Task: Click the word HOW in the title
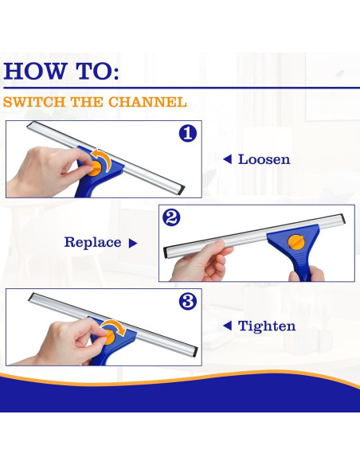click(x=34, y=71)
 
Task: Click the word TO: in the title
click(x=97, y=71)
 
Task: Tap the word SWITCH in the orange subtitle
click(x=33, y=102)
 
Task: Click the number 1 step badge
click(x=188, y=134)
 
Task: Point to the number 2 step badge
click(x=171, y=217)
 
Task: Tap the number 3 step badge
click(x=188, y=302)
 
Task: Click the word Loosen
click(x=264, y=159)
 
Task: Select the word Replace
click(x=93, y=242)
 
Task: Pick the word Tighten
click(x=267, y=326)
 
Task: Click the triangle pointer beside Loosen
click(x=227, y=159)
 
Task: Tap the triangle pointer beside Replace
click(x=133, y=243)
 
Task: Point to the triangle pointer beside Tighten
click(x=227, y=326)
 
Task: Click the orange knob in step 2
click(x=296, y=242)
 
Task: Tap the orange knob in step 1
click(x=96, y=168)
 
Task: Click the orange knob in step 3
click(x=108, y=338)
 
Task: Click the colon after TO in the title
click(x=115, y=73)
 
